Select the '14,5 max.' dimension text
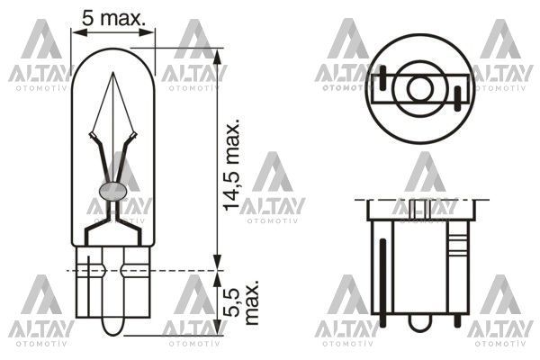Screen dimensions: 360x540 tap(233, 165)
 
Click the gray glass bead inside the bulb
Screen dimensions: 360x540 tap(113, 190)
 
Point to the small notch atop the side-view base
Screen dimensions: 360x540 tap(413, 206)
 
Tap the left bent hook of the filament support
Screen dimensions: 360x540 tap(92, 139)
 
